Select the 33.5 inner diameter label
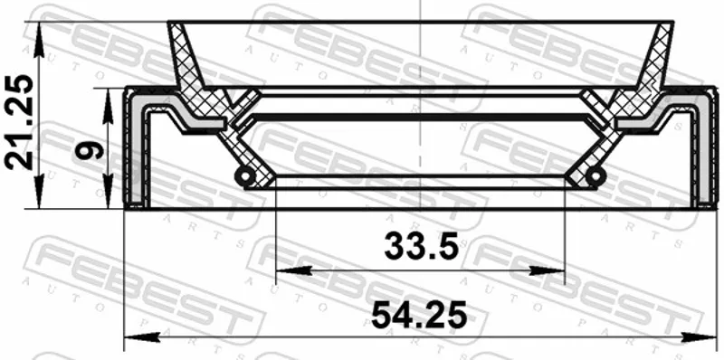pyautogui.click(x=421, y=246)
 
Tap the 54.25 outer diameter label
pyautogui.click(x=419, y=315)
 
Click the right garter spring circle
pyautogui.click(x=595, y=175)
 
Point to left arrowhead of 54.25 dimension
pyautogui.click(x=142, y=336)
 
